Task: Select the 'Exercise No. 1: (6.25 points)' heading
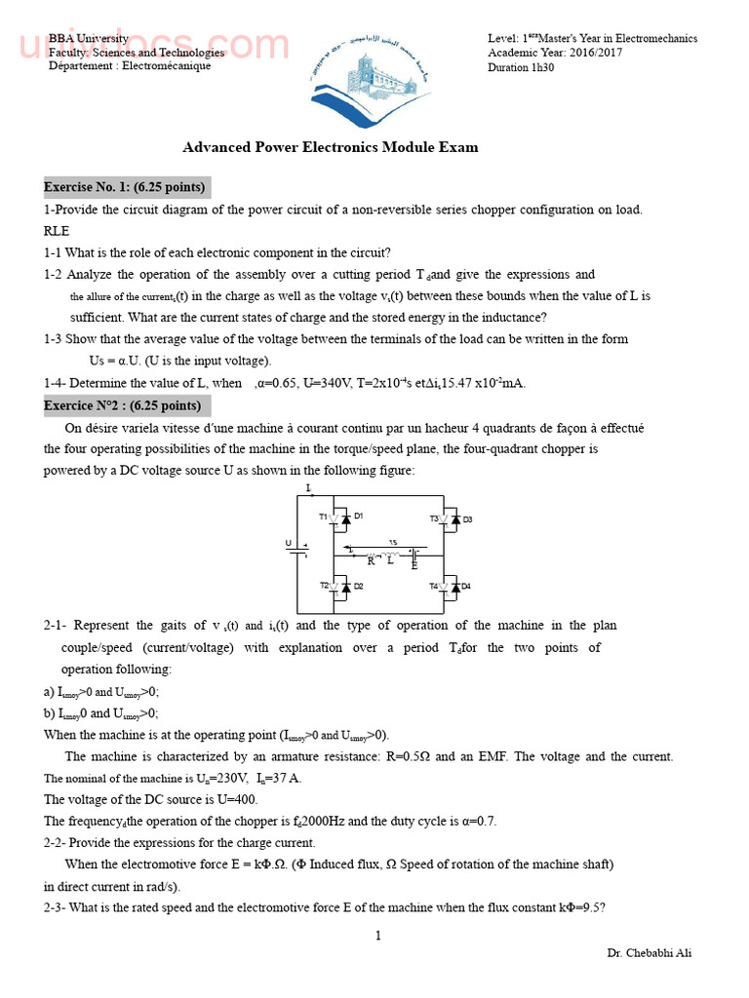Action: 124,187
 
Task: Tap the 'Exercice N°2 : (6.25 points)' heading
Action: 123,405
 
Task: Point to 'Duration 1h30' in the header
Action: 521,67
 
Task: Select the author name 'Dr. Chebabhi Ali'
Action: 649,953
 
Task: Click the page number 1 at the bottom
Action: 377,937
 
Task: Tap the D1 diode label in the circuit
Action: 358,516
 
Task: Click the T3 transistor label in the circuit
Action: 434,518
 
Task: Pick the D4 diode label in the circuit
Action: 466,586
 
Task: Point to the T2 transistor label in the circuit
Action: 324,586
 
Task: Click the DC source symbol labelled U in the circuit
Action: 297,550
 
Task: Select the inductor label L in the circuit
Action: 391,560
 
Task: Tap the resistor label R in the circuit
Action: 371,561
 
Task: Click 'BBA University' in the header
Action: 88,38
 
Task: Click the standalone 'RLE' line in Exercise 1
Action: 57,231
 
